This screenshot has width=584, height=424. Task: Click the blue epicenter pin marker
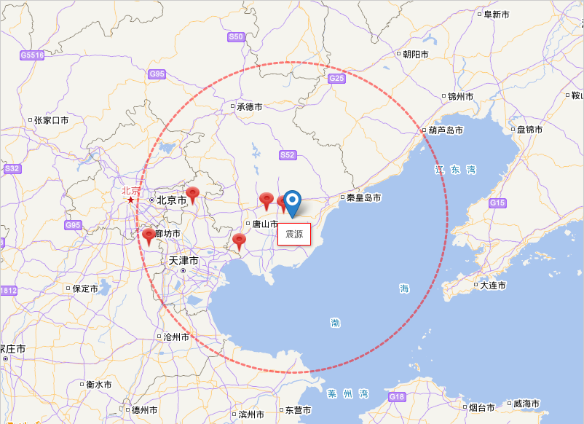(x=292, y=202)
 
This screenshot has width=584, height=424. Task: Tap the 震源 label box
(x=294, y=234)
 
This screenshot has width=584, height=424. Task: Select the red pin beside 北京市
(x=192, y=195)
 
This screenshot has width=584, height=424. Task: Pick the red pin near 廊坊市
(x=149, y=236)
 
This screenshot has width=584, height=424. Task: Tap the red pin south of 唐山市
(x=239, y=241)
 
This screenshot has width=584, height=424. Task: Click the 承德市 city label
(x=249, y=106)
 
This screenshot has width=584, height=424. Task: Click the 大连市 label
(x=492, y=286)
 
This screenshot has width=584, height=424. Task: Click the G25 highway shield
(x=336, y=78)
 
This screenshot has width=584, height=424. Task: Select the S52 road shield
(x=288, y=155)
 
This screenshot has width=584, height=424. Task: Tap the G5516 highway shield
(x=32, y=55)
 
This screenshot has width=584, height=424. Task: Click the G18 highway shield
(x=397, y=397)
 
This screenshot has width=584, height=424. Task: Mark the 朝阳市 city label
(x=415, y=55)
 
